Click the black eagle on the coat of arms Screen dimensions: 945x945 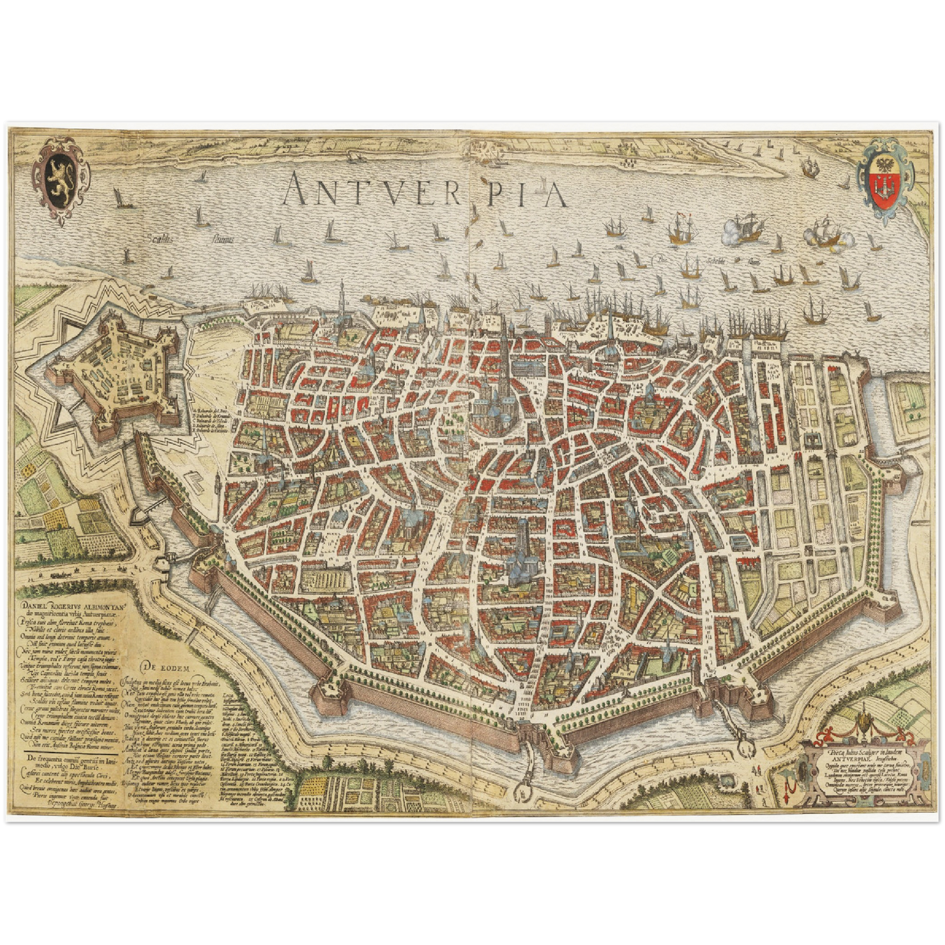[887, 163]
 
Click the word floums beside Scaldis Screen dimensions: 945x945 [222, 239]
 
